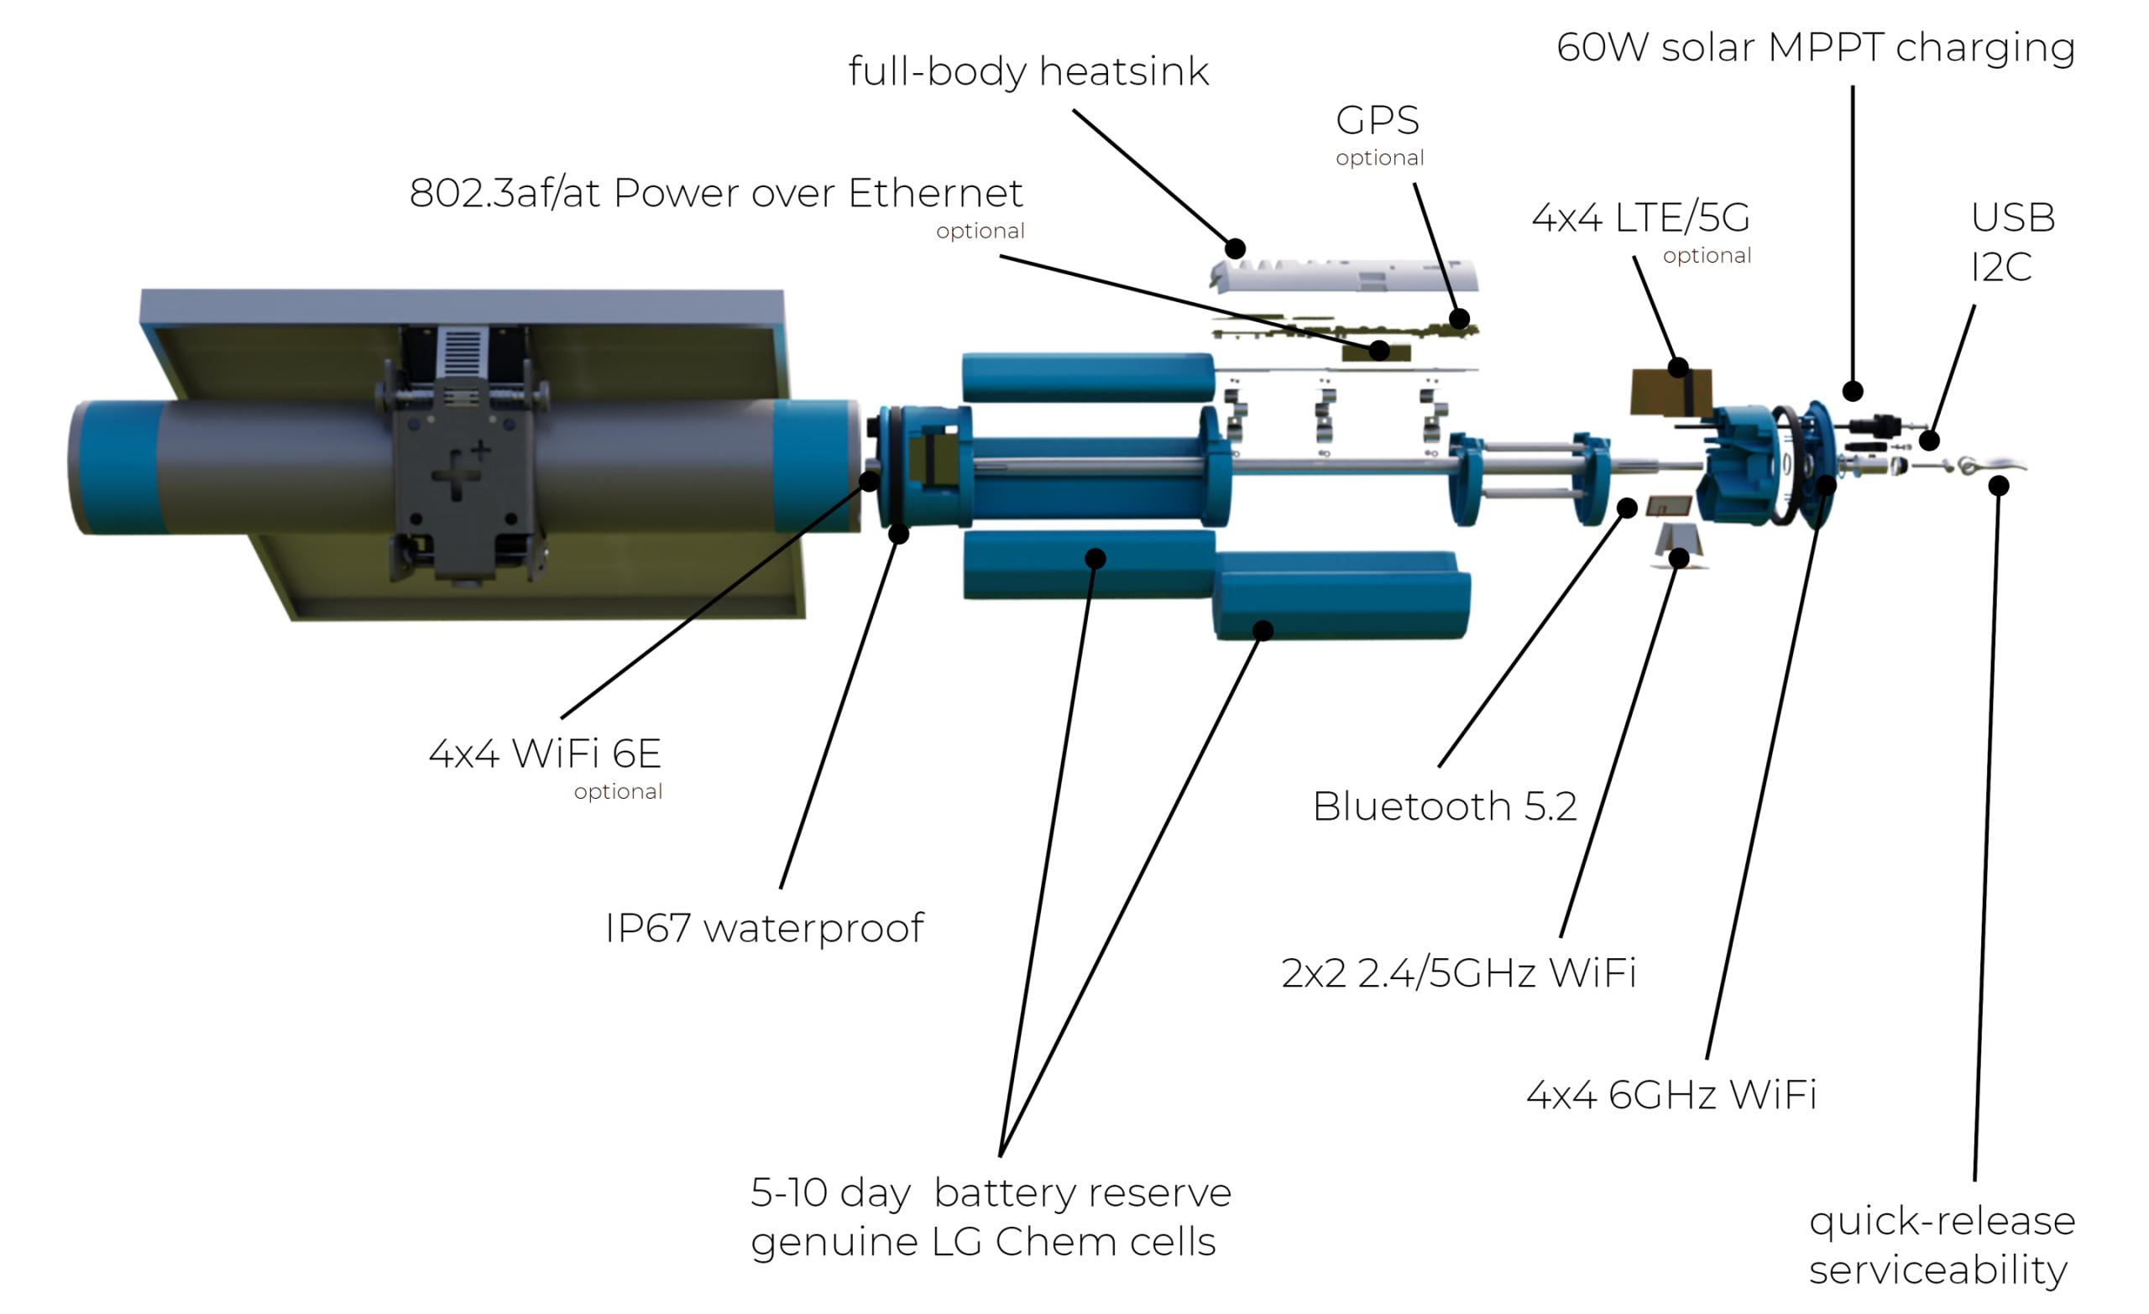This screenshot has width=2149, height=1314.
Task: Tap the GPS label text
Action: [1378, 120]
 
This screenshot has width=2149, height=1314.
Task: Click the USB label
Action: [2013, 218]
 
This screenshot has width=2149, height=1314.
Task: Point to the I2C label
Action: [2001, 268]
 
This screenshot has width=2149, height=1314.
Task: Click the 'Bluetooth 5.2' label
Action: [1446, 806]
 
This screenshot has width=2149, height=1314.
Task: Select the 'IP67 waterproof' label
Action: [765, 929]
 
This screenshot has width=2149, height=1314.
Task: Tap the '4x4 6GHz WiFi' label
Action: [1672, 1095]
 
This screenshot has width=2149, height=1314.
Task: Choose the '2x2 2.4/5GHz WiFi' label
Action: [1458, 972]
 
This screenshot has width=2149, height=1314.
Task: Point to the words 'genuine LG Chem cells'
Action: [983, 1242]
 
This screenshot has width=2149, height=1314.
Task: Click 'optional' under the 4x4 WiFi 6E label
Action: [618, 792]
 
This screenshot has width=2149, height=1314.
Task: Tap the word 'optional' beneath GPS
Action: [1379, 158]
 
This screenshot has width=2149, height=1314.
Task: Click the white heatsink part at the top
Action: [1343, 273]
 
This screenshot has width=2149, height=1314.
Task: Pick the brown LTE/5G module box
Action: [1671, 390]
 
